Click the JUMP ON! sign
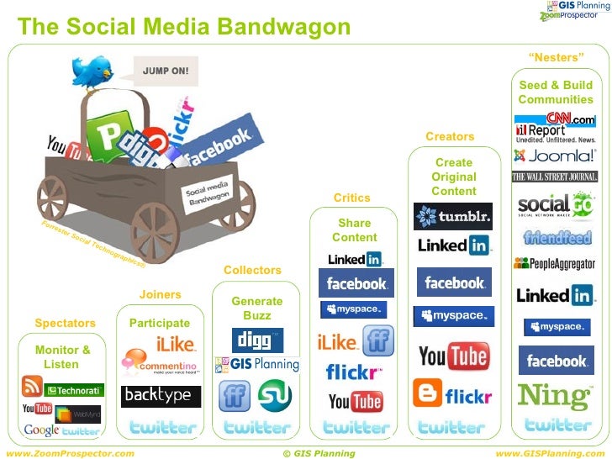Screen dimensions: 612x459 click(165, 71)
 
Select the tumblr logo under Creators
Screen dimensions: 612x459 click(453, 216)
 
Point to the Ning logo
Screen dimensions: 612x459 click(556, 395)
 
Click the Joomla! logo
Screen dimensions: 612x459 click(554, 156)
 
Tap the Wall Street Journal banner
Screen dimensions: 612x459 click(555, 177)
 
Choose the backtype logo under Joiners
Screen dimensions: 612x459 click(157, 394)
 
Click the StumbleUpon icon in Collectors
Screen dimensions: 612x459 click(274, 396)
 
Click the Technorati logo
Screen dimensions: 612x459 click(74, 390)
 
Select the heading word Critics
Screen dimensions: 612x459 click(351, 198)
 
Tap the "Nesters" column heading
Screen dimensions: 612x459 click(556, 57)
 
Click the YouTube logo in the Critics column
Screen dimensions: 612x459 click(356, 401)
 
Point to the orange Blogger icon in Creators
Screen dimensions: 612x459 click(427, 393)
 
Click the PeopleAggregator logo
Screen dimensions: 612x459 click(555, 263)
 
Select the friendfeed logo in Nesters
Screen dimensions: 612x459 click(556, 237)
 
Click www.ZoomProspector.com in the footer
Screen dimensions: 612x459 click(70, 453)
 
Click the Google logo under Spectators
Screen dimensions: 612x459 click(40, 430)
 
